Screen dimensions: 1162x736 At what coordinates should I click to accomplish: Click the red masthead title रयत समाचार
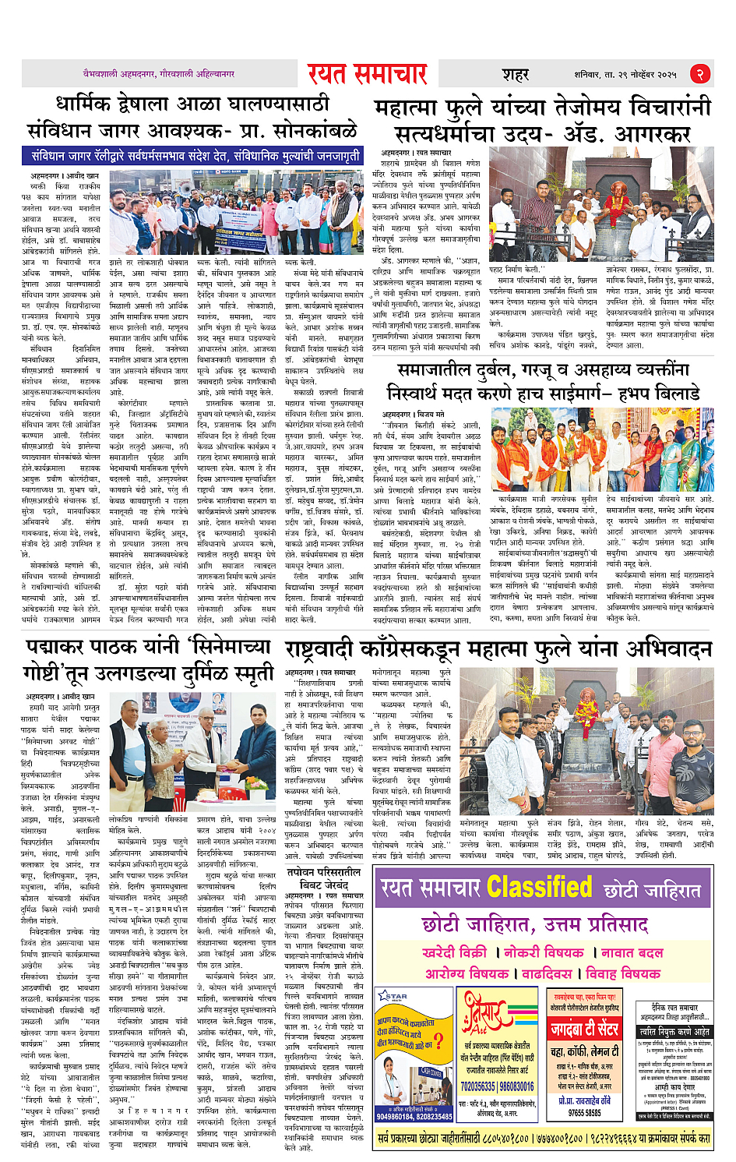click(x=367, y=74)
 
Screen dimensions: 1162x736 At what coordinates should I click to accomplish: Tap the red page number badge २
click(x=699, y=74)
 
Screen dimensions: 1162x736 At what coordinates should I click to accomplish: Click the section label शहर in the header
click(x=515, y=75)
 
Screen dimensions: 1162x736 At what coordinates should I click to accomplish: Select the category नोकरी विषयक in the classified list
click(x=544, y=952)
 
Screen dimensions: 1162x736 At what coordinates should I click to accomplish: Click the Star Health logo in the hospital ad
click(x=393, y=997)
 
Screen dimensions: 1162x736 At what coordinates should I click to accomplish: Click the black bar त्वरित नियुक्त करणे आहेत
click(x=674, y=1032)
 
